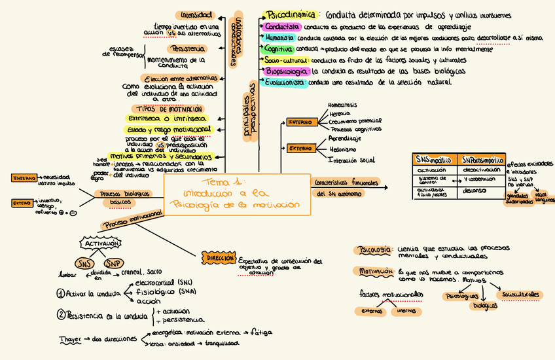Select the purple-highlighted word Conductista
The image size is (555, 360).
[x=282, y=27]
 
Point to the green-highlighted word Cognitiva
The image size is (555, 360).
[x=279, y=49]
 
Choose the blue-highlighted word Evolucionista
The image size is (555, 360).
[x=285, y=82]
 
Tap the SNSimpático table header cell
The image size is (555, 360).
[x=434, y=160]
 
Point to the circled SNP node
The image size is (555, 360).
[x=113, y=263]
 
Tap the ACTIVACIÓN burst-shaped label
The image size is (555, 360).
[x=101, y=243]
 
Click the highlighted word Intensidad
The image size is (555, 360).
[x=196, y=14]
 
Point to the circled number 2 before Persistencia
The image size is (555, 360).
[x=60, y=315]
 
